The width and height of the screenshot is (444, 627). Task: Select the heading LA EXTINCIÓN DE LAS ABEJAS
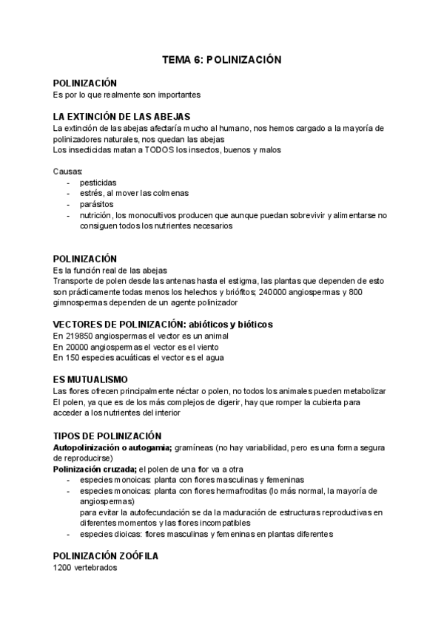tap(122, 117)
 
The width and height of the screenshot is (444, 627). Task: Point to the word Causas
tap(68, 172)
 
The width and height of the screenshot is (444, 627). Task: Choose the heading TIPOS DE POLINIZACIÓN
tap(107, 436)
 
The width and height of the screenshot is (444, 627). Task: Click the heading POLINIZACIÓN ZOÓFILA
tap(105, 555)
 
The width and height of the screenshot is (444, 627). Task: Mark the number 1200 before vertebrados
tap(64, 567)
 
